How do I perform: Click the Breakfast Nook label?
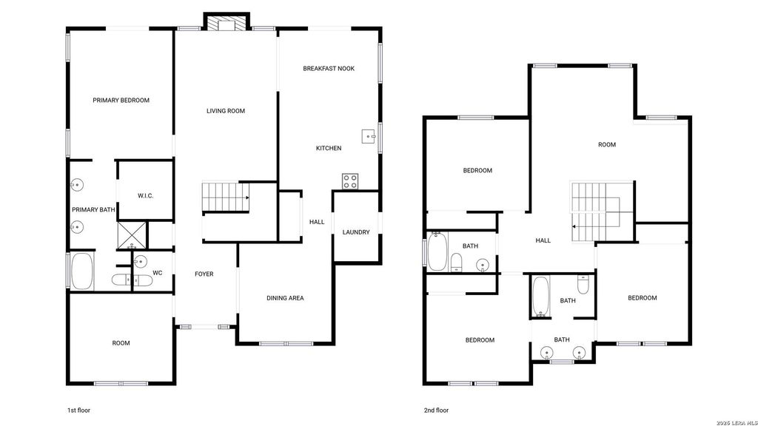(x=329, y=69)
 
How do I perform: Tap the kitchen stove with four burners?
(x=350, y=182)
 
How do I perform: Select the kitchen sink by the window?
(x=369, y=136)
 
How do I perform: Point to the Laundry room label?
(x=356, y=232)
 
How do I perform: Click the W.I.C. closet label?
(x=146, y=195)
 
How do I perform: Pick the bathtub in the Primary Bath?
(x=81, y=271)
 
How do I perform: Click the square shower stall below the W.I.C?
(x=132, y=236)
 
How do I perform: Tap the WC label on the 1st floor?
(x=158, y=273)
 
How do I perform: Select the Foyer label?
(x=204, y=274)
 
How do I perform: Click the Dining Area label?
(x=285, y=298)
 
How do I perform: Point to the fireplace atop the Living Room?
(x=227, y=22)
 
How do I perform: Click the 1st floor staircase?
(x=226, y=197)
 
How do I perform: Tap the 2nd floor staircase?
(x=596, y=212)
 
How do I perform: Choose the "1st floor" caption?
(x=78, y=410)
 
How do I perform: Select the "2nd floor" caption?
(x=437, y=410)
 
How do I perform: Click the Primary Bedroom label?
(x=121, y=101)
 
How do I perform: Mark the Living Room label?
(x=226, y=111)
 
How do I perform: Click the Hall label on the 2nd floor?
(x=543, y=240)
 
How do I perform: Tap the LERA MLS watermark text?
(x=737, y=422)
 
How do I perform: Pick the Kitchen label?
(x=329, y=148)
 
